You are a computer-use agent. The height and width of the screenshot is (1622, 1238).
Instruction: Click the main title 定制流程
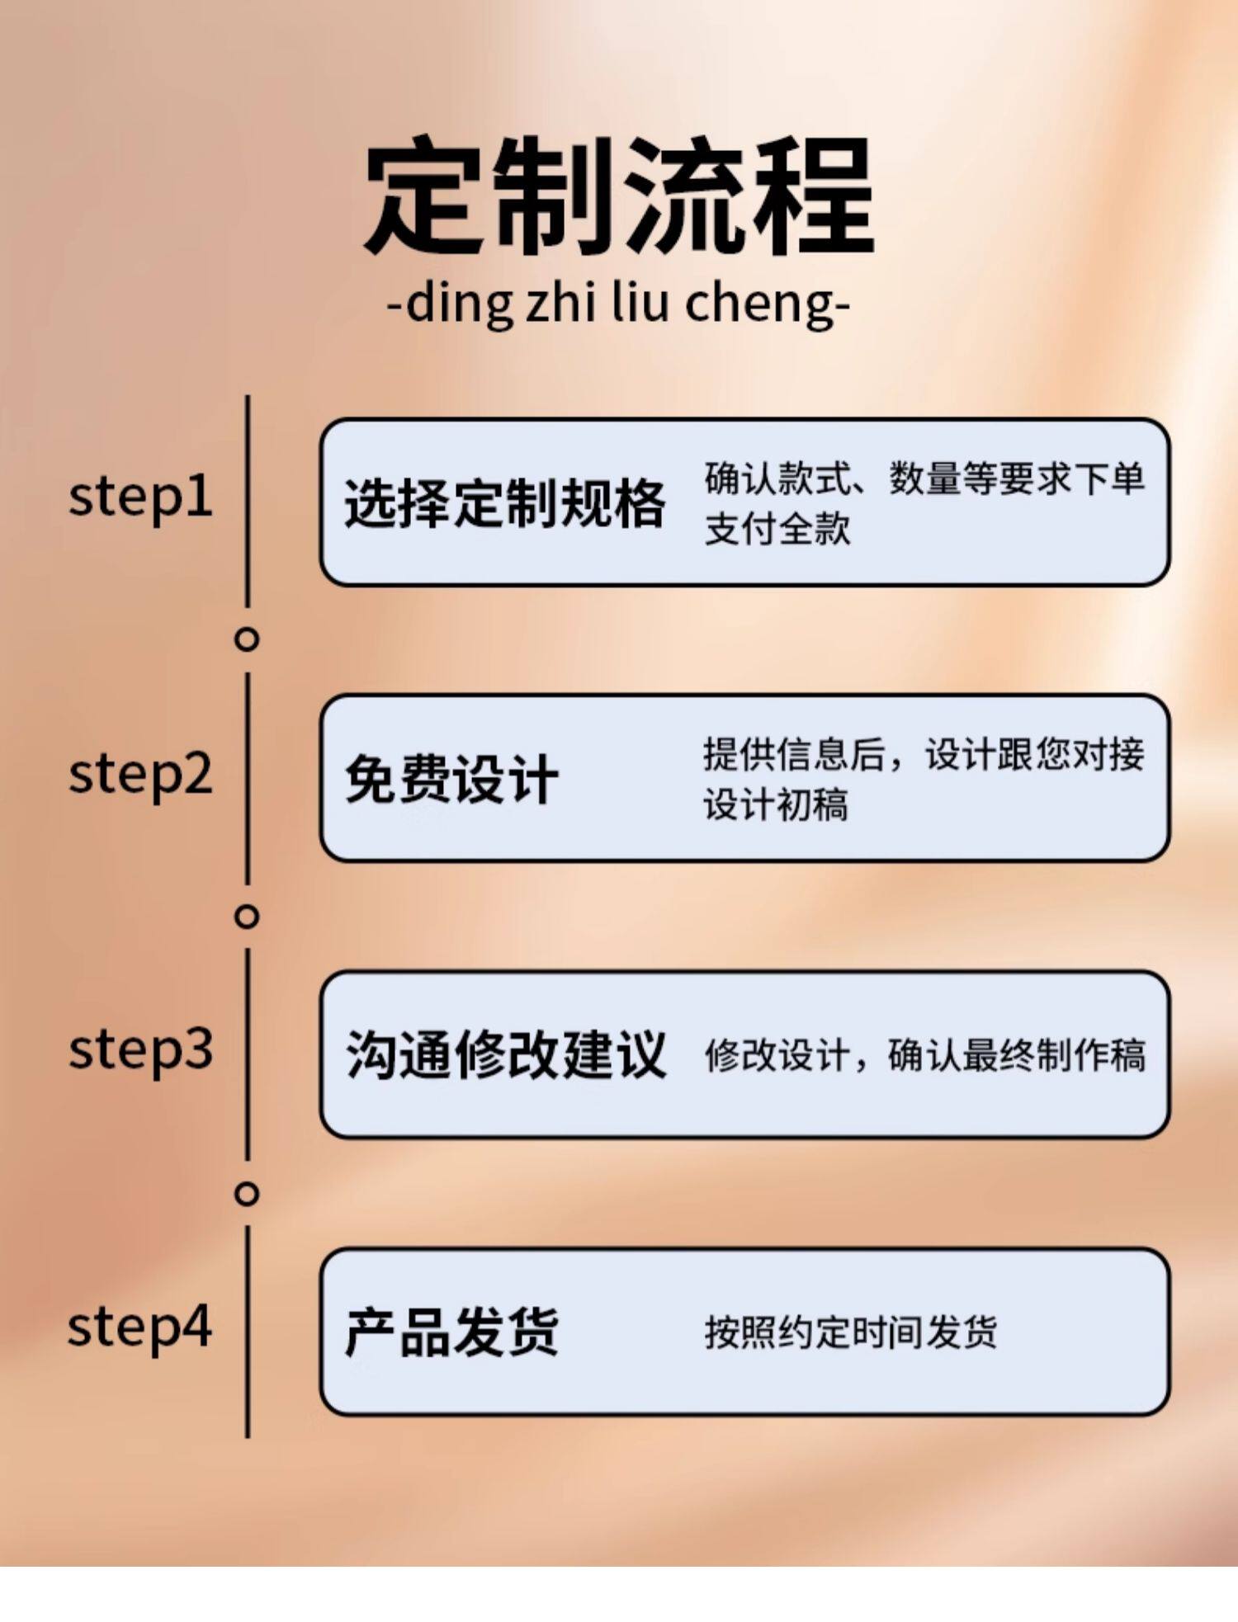tap(619, 196)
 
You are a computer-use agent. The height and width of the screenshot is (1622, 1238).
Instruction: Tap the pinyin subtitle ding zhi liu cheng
tap(619, 304)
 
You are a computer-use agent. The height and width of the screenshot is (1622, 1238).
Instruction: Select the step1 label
tap(140, 497)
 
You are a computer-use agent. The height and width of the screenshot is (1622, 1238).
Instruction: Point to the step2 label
tap(140, 774)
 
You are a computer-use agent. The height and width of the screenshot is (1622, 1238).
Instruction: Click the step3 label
tap(140, 1049)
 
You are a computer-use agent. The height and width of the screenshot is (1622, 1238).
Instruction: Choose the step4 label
tap(140, 1327)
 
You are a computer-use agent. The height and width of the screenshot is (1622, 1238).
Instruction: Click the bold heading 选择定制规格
tap(504, 502)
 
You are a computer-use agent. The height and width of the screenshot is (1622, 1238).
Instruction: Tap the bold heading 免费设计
tap(451, 779)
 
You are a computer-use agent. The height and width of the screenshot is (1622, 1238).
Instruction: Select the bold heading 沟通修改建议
tap(505, 1054)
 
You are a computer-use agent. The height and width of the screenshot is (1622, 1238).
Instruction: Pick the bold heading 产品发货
tap(451, 1332)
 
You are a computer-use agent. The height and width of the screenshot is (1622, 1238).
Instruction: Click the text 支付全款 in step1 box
tap(777, 529)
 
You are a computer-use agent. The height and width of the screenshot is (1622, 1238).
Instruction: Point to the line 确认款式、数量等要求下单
tap(924, 479)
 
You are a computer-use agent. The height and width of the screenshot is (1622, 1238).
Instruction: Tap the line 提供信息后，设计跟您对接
tap(924, 754)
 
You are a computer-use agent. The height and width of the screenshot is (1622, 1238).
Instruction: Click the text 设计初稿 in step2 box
tap(776, 804)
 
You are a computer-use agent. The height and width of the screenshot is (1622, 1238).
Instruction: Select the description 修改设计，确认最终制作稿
tap(924, 1055)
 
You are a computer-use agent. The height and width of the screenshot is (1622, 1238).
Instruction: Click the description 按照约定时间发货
tap(850, 1332)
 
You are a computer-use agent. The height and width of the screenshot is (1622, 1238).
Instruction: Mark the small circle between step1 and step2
tap(247, 639)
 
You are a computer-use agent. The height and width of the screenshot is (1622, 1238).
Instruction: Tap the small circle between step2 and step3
tap(247, 917)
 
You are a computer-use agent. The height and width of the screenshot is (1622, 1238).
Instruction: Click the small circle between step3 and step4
tap(247, 1193)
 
